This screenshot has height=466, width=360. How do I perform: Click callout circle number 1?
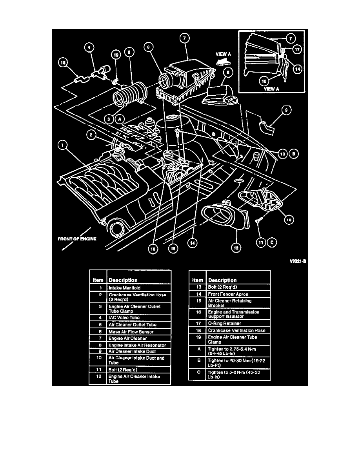[63, 145]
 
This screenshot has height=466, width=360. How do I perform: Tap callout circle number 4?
[89, 47]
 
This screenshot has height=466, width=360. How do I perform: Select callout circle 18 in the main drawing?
[63, 62]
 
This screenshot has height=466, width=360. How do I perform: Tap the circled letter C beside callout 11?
[272, 243]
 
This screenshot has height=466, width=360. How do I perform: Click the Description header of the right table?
[222, 280]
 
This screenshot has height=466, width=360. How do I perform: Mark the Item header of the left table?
[98, 280]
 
